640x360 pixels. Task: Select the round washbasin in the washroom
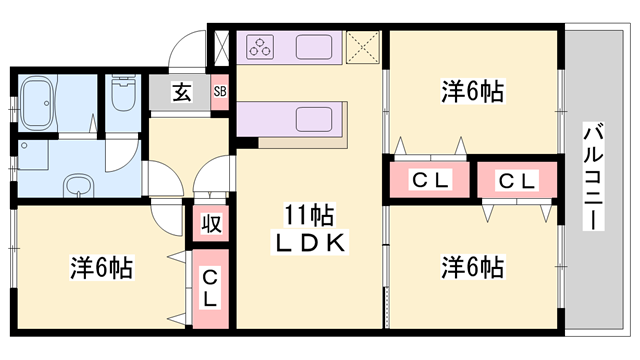tap(77, 186)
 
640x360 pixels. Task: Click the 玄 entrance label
tap(181, 93)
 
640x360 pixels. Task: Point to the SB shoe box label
tap(219, 93)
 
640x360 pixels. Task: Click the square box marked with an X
tap(362, 48)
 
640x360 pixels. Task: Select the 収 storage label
tap(210, 222)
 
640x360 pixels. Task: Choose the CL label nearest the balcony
tap(518, 181)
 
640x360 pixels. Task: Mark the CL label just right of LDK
tap(431, 181)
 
